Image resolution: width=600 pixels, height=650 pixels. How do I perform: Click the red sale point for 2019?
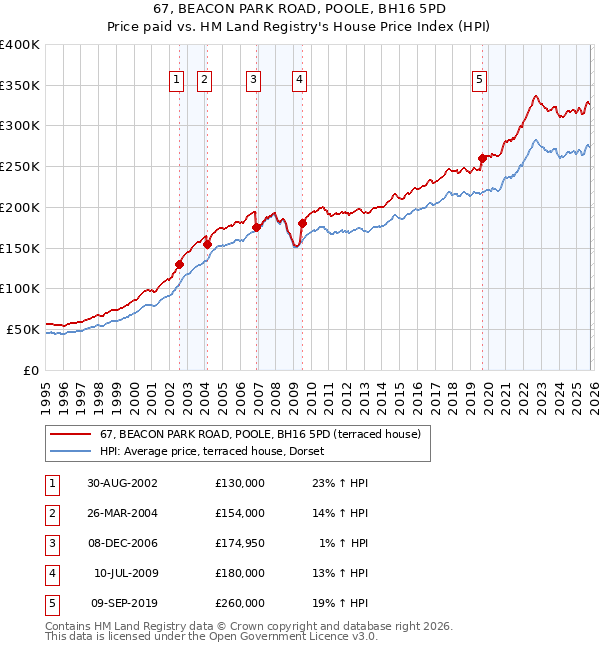[x=482, y=158]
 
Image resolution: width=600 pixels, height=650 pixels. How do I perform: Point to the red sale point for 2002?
[x=180, y=264]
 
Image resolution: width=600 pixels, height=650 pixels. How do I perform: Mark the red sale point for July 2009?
[x=301, y=223]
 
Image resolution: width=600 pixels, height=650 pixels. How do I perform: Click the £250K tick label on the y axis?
[x=19, y=167]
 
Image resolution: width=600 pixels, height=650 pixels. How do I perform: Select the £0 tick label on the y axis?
[x=29, y=370]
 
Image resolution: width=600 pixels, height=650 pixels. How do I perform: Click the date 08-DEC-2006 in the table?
[x=122, y=543]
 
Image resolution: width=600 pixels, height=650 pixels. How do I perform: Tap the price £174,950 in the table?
[x=239, y=543]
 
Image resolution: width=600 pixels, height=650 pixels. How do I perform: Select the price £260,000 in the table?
[x=239, y=603]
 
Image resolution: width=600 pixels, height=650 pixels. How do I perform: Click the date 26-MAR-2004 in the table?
[x=122, y=513]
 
